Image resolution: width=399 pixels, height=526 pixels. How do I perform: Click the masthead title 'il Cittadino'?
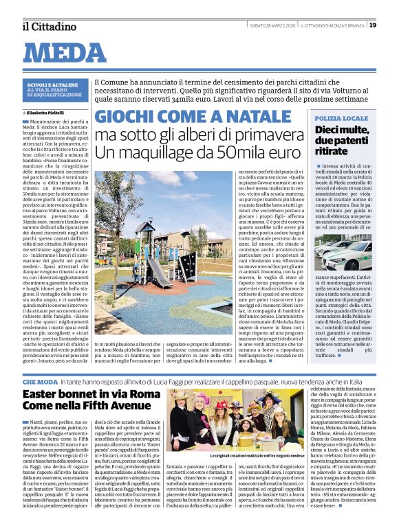(48, 26)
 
